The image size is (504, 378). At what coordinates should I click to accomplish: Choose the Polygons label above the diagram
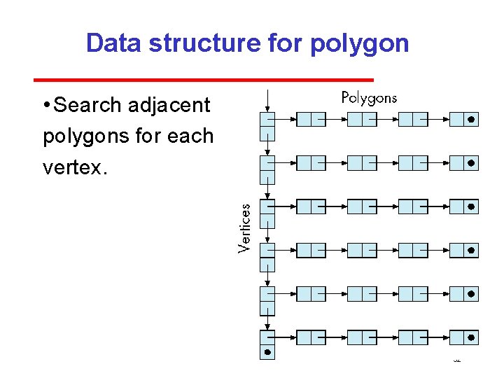coord(368,98)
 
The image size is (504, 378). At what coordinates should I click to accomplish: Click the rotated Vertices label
coord(244,228)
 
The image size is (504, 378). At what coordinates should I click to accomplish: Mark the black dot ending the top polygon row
coord(471,120)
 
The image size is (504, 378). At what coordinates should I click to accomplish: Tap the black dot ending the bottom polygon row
coord(471,337)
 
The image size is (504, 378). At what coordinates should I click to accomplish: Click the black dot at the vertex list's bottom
coord(267,352)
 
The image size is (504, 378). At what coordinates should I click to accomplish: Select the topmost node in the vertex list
coord(267,126)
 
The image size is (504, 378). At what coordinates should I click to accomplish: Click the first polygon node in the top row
coord(311,120)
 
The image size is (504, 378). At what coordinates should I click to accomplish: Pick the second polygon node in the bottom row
coord(362,337)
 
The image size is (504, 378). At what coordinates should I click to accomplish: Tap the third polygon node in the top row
coord(412,120)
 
